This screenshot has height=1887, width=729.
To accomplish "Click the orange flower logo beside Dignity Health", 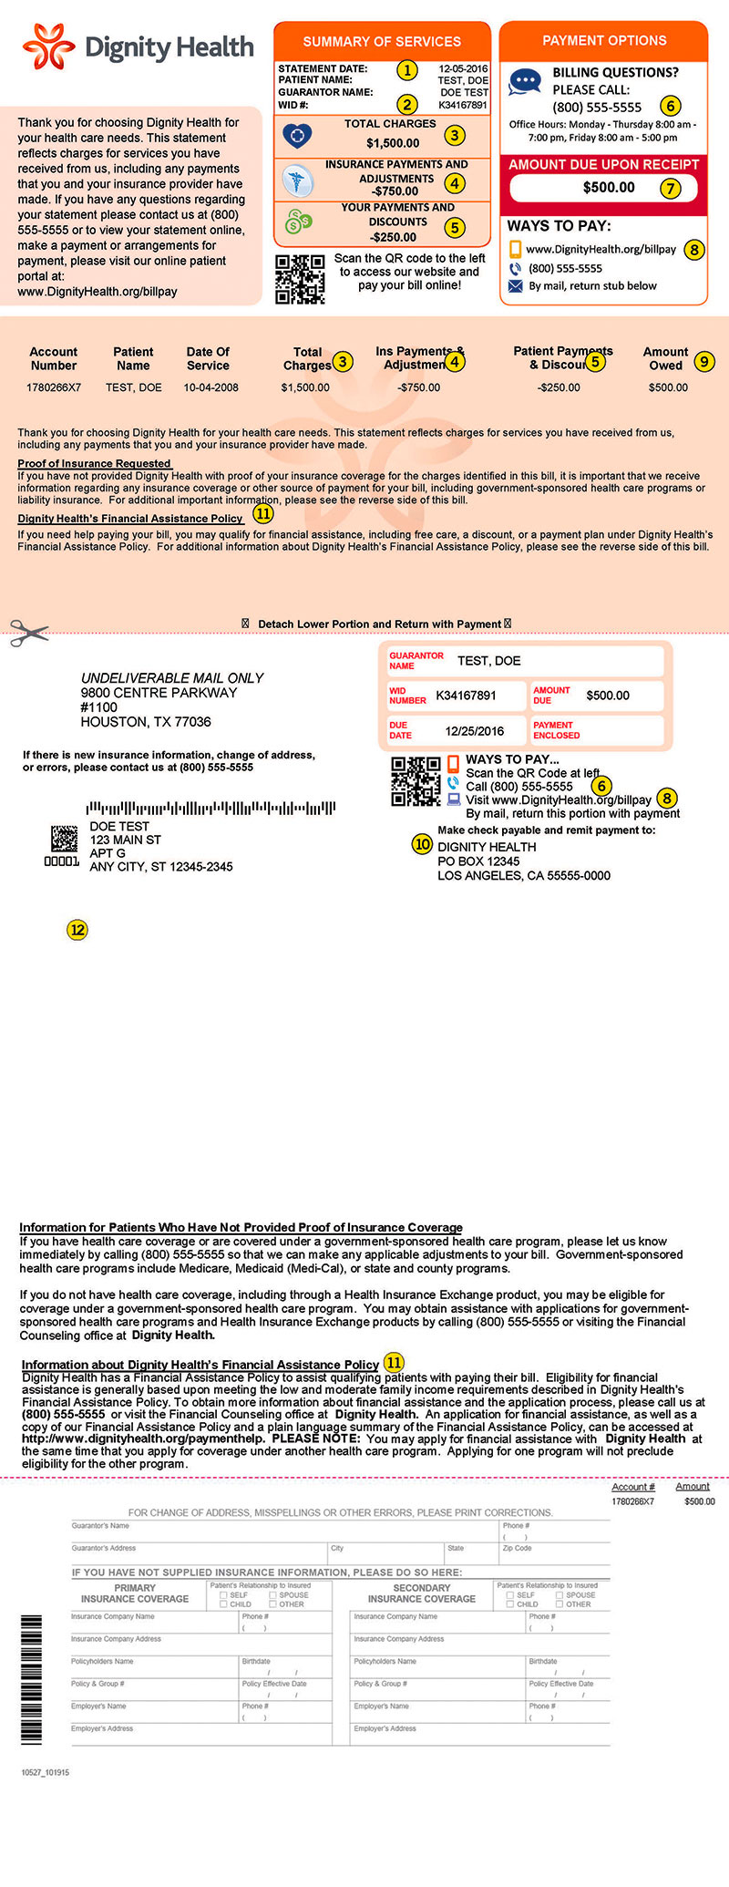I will coord(49,46).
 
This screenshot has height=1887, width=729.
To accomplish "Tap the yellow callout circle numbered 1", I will coord(407,70).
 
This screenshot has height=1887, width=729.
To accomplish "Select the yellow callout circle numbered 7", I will coord(671,189).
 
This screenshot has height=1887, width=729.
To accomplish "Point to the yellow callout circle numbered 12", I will coord(77,930).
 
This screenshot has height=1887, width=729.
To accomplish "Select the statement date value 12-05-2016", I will coord(463,68).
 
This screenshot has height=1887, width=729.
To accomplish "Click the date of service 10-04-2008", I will coord(210,387).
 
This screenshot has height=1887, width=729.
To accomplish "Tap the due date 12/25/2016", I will coord(474,731).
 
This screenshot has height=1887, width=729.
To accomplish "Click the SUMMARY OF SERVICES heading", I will coord(382,41).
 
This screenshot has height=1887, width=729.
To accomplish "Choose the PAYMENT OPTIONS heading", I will coord(604,40).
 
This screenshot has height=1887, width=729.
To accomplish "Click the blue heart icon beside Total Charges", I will coord(297,136).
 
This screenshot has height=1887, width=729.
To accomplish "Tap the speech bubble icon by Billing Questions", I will coord(524,81).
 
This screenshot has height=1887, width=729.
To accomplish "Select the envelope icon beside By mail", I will coord(515,286).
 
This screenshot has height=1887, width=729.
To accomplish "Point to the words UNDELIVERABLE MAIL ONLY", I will coord(172,678).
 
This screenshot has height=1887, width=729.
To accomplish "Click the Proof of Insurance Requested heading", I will coord(95,463).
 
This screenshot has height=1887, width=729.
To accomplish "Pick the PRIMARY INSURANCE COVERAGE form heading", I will coord(135,1593).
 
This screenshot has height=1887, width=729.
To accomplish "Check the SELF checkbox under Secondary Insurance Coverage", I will coord(510,1594).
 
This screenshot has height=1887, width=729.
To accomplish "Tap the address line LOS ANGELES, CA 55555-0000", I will coord(524,876).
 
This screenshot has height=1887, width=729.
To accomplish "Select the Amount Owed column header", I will coord(665,358).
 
